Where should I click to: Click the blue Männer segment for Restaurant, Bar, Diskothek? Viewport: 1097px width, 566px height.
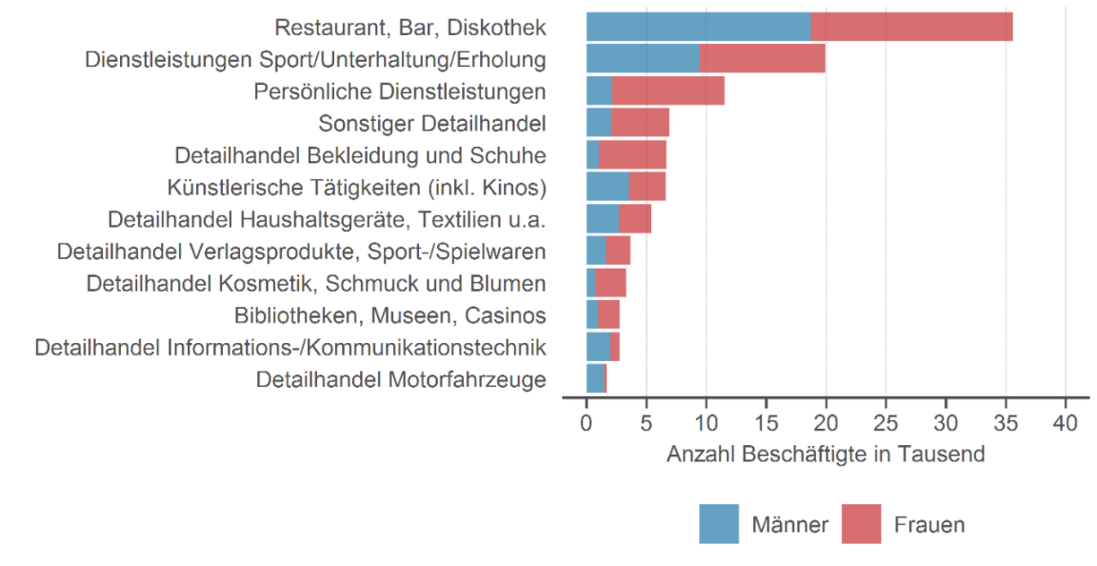pos(698,27)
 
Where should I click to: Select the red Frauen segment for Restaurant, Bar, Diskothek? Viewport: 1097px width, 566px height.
pos(911,27)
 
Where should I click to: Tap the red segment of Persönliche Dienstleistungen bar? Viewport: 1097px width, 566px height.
pos(668,91)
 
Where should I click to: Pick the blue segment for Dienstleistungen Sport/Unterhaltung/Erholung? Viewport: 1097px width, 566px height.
pos(643,58)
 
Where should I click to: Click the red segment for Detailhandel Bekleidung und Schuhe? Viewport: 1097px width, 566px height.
pos(632,154)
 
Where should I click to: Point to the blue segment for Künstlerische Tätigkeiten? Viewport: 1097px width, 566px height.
pos(608,187)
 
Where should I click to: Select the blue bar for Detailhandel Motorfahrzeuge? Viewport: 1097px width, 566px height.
pos(595,379)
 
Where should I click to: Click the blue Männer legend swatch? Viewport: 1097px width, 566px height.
pos(719,524)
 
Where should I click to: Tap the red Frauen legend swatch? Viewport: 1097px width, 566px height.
pos(861,524)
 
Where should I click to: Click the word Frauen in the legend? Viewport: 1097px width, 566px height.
pos(928,524)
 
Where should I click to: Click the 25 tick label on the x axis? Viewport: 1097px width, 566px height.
pos(886,422)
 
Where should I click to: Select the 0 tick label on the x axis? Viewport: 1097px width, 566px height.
pos(587,422)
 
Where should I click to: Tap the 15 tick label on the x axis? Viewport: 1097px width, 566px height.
pos(766,422)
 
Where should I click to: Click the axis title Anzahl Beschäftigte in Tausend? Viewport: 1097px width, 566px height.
pos(825,455)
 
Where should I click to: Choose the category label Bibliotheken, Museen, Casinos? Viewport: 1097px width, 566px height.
pos(389,315)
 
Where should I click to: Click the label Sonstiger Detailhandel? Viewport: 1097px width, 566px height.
pos(431,123)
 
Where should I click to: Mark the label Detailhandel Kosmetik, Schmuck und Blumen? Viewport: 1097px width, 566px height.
pos(315,283)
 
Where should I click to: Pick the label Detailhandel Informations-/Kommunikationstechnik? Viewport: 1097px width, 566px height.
pos(290,347)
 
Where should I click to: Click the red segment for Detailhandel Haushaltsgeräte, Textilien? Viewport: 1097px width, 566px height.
pos(634,219)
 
